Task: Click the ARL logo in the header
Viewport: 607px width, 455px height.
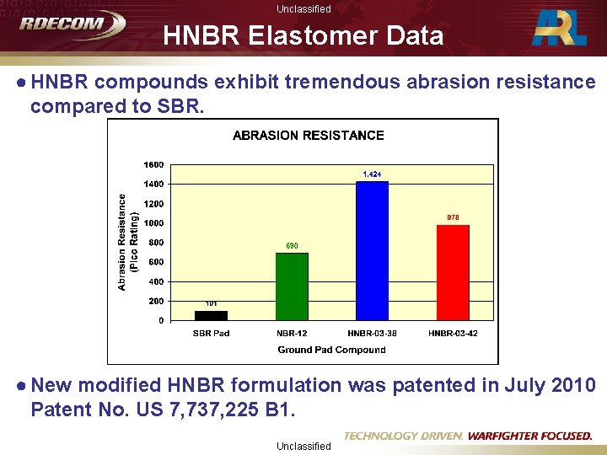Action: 560,28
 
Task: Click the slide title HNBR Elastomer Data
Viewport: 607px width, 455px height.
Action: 303,36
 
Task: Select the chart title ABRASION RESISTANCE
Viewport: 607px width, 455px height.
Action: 308,135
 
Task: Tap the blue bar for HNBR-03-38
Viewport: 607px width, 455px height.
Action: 372,251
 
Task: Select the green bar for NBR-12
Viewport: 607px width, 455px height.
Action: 292,286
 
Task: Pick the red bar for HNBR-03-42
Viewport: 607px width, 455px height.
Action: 453,272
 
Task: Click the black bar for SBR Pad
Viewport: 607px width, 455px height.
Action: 211,315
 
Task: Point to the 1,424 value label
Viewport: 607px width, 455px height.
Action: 372,174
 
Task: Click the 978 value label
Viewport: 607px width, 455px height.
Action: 453,217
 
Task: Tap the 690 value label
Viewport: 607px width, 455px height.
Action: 292,246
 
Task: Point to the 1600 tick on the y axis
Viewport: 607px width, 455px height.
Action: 154,164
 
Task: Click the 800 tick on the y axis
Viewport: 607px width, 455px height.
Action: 156,243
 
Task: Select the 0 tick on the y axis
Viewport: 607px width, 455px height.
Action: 161,321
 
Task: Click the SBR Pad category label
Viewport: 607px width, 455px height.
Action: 211,334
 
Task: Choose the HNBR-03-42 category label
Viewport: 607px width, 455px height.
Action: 453,334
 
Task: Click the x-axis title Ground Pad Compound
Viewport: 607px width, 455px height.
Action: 331,350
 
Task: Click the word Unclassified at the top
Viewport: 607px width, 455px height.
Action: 303,8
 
